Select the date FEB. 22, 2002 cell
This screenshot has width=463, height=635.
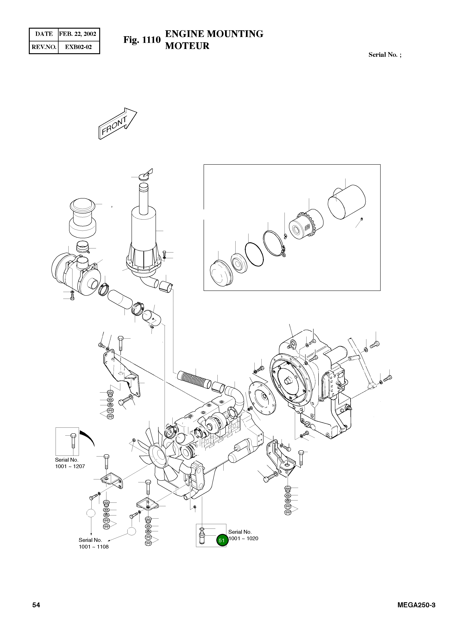click(x=78, y=34)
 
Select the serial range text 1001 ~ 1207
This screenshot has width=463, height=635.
click(x=70, y=466)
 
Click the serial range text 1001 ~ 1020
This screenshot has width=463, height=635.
click(x=243, y=538)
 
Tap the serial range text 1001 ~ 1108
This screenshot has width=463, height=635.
click(x=94, y=547)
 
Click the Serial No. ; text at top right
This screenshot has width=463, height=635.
click(x=384, y=55)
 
